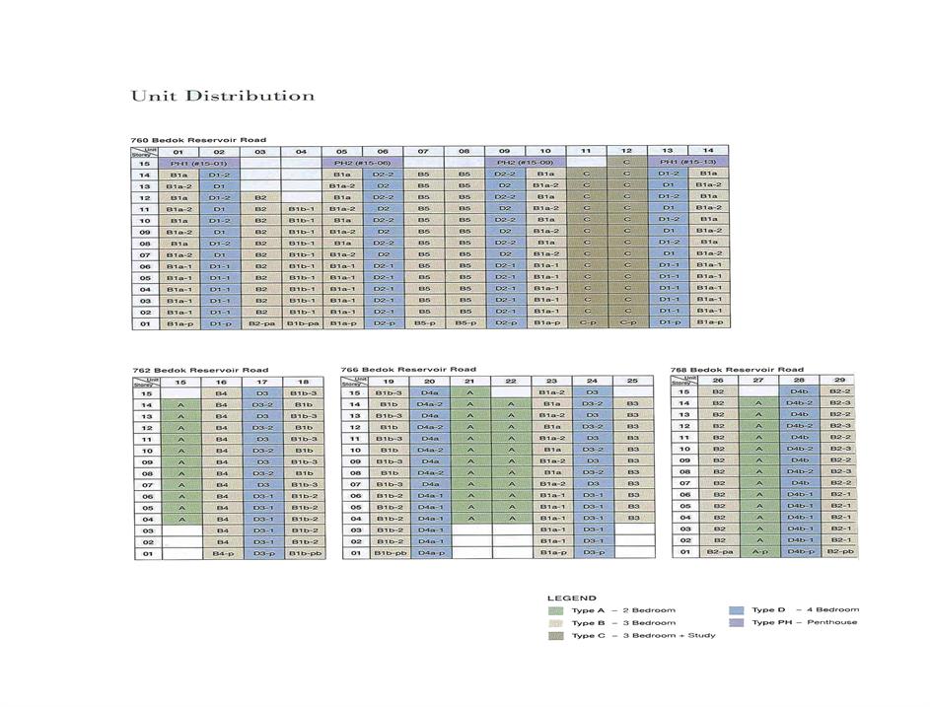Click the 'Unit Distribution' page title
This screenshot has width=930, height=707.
[x=222, y=96]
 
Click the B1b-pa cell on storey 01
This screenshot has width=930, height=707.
[x=301, y=322]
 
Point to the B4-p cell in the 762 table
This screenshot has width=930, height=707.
[x=222, y=553]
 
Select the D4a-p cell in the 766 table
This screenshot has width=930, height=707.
[x=430, y=553]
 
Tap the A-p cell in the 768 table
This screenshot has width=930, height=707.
[x=758, y=551]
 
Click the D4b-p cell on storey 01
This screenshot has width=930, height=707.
[x=799, y=551]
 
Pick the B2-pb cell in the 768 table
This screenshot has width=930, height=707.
[x=839, y=551]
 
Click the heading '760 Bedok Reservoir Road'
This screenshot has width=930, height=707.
[x=198, y=140]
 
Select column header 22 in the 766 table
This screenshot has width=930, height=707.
[x=511, y=381]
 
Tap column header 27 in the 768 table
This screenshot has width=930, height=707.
[x=758, y=380]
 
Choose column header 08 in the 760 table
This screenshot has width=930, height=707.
[x=463, y=152]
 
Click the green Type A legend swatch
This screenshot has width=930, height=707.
[x=557, y=610]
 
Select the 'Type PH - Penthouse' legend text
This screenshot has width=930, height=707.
[x=805, y=622]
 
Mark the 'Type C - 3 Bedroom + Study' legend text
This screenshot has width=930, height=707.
[x=643, y=635]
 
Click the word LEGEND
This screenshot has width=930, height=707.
[x=571, y=598]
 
